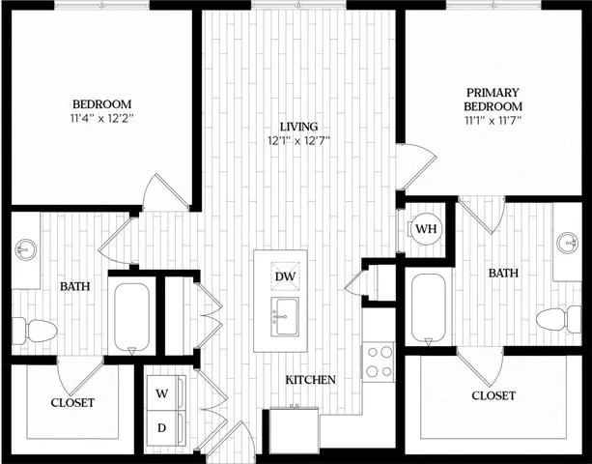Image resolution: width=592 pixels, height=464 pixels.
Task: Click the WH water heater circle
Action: [425, 229]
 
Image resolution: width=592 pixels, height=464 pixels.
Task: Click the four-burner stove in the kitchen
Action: [378, 362]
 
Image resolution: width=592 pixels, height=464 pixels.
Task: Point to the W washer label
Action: [161, 394]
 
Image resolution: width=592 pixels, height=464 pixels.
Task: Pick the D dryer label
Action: [161, 427]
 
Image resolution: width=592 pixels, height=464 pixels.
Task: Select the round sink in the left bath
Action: [25, 250]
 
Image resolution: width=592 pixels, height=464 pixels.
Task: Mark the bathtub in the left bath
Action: [131, 316]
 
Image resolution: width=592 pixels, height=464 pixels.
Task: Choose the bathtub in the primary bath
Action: [428, 306]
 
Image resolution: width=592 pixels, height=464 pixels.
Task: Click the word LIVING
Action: [298, 127]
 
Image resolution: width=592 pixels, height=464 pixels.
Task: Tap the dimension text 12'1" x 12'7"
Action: [298, 141]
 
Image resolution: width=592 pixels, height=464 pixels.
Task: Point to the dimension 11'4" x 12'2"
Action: [101, 119]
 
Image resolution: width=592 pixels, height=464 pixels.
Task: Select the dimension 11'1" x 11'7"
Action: [493, 121]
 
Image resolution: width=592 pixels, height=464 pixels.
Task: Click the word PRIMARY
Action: [493, 93]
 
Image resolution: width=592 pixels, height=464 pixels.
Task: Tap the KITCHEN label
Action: [310, 380]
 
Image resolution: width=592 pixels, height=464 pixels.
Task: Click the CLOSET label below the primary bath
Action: [493, 396]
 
